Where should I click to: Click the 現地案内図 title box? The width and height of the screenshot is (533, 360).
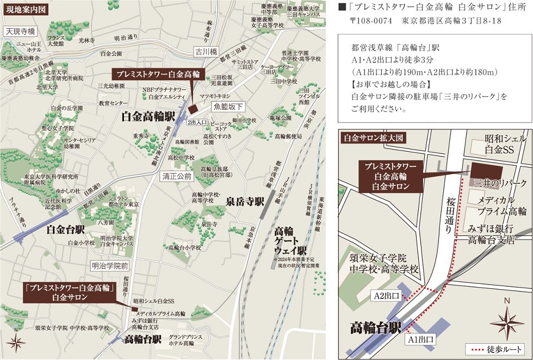click(26, 9)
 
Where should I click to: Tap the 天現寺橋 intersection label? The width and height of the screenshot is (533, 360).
click(20, 32)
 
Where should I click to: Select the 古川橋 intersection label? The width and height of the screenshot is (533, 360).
click(206, 52)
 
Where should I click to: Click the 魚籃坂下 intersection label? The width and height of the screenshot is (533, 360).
click(228, 107)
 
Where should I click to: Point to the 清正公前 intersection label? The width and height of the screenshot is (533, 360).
click(177, 176)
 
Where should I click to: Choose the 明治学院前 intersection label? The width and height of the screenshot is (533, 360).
click(109, 266)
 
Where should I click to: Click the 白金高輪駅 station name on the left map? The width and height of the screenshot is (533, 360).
click(147, 116)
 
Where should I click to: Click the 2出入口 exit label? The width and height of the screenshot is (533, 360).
click(197, 123)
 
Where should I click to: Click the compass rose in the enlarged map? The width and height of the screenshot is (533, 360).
click(507, 323)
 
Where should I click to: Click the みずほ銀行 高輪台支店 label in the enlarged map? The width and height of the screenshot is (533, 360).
click(492, 234)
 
